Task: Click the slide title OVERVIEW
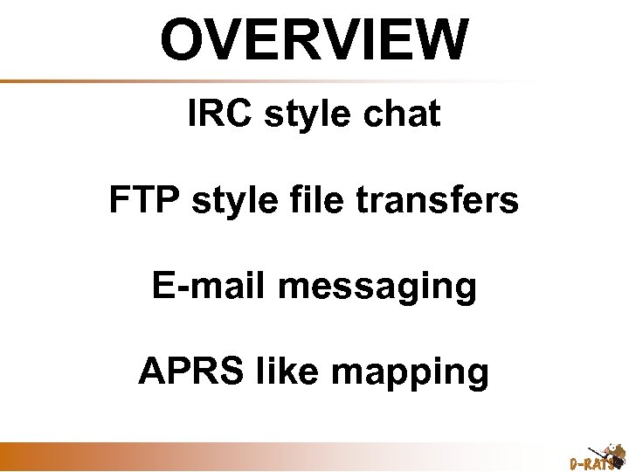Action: (314, 39)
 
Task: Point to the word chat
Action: (402, 114)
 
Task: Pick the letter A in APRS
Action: (151, 371)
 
